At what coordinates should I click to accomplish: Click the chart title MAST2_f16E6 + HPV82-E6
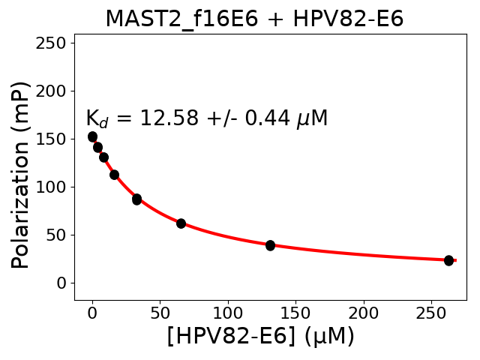pos(254,19)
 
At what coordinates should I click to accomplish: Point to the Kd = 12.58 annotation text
pos(206,118)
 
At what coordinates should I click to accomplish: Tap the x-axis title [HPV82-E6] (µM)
pos(260,337)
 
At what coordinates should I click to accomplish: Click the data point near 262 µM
pos(448,260)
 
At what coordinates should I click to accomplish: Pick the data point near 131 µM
pos(270,245)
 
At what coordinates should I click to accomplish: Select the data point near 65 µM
pos(181,223)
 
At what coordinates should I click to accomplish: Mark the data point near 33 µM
pos(136,199)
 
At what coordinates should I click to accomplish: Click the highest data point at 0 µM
pos(92,136)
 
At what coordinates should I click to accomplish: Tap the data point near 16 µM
pos(114,175)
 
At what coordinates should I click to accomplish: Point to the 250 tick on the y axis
pos(53,43)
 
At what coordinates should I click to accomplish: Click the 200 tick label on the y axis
pos(53,91)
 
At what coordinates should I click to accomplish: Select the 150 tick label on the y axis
pos(53,139)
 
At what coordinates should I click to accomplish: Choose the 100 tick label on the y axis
pos(53,187)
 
